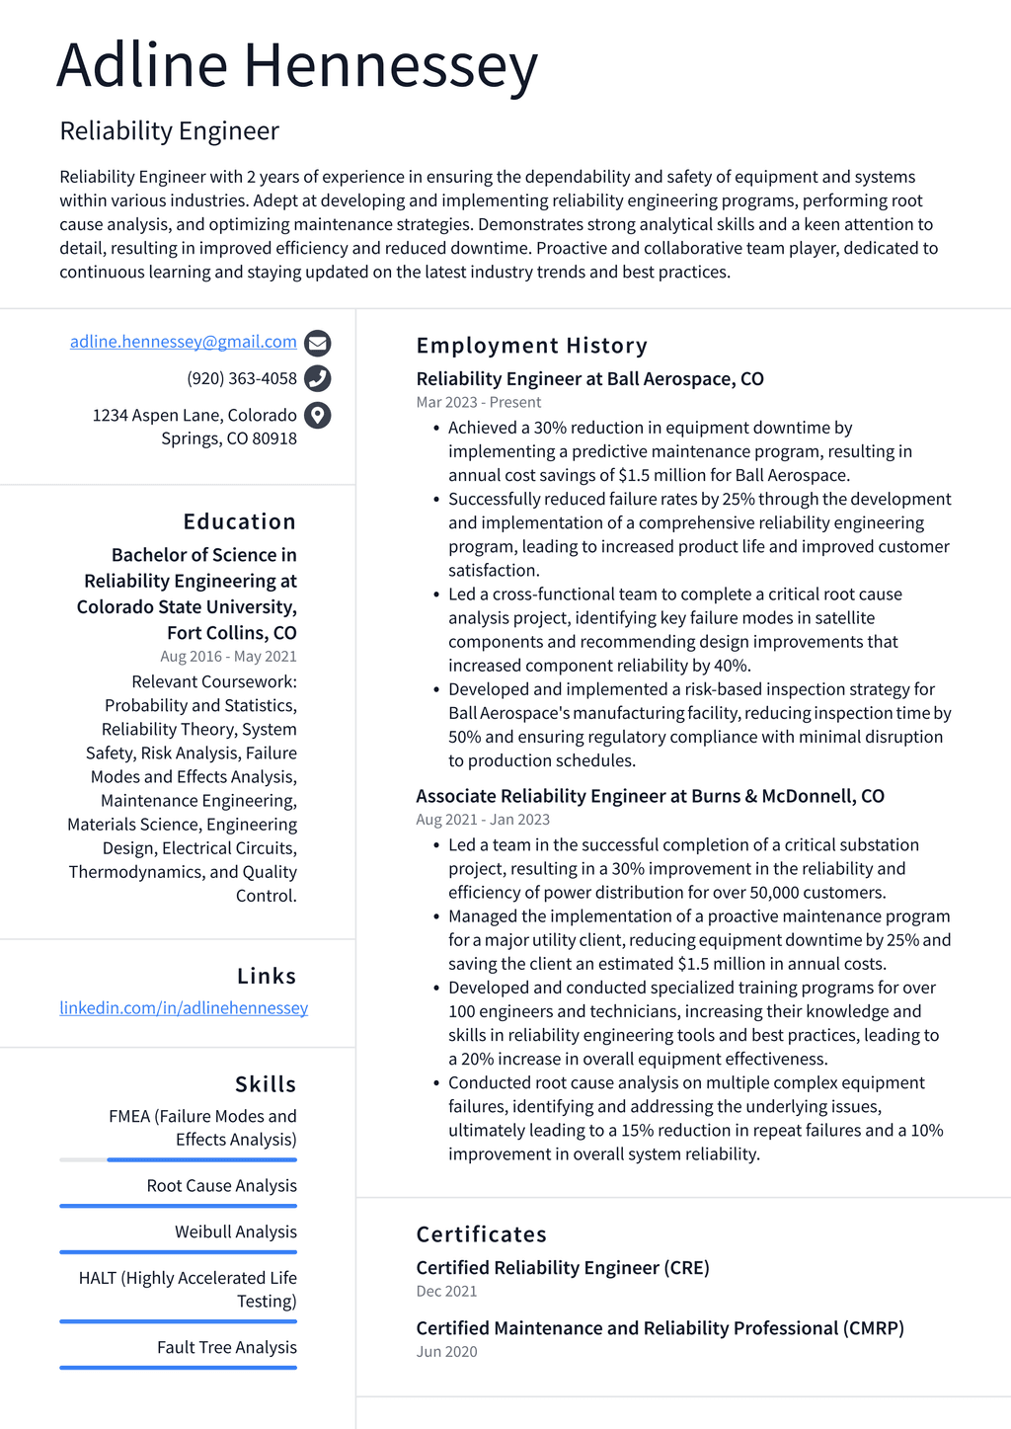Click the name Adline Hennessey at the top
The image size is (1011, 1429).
[x=297, y=66]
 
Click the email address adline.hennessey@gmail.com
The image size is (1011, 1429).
[x=183, y=342]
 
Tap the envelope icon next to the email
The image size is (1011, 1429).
[x=317, y=343]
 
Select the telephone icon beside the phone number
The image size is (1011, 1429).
[x=317, y=378]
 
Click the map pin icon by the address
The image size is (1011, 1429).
[x=317, y=415]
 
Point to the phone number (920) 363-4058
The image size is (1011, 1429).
[x=241, y=378]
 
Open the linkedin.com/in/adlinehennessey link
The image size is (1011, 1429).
[x=184, y=1007]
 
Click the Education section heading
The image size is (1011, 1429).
[x=239, y=521]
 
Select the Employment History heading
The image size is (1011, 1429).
[x=531, y=346]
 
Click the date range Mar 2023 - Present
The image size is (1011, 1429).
[x=478, y=402]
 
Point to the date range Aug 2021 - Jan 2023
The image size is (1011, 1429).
[x=482, y=820]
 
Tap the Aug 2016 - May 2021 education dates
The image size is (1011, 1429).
[x=228, y=656]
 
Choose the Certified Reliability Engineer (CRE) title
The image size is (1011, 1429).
[x=562, y=1267]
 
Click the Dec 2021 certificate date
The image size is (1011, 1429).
[x=446, y=1291]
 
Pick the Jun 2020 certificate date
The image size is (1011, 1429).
[x=446, y=1351]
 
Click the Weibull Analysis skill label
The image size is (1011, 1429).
[x=235, y=1231]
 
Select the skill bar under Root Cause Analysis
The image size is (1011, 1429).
[x=178, y=1206]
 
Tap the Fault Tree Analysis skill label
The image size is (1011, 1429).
[x=226, y=1347]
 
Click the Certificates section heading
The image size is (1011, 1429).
[x=481, y=1234]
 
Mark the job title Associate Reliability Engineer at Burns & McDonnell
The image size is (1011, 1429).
[x=649, y=796]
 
